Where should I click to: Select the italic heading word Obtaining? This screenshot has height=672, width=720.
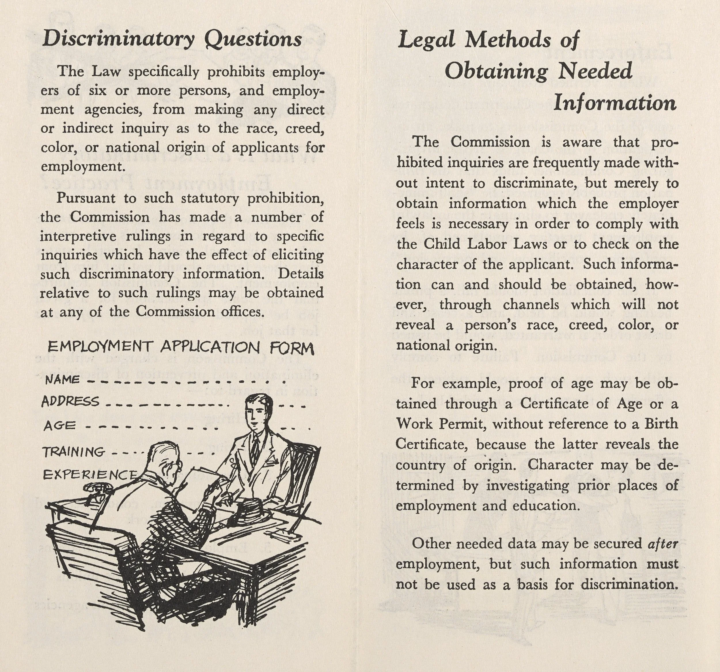tap(496, 71)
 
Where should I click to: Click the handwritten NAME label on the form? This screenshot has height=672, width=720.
tap(62, 380)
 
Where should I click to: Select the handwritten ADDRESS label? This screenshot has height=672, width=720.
tap(70, 401)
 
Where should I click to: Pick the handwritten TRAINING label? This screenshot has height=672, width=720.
tap(73, 452)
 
